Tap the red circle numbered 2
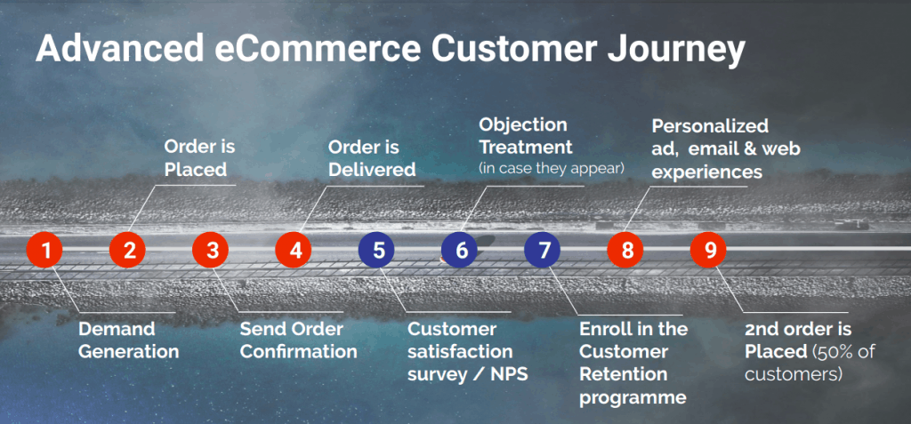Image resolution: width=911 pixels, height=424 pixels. click(128, 250)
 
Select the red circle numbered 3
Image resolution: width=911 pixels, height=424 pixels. click(212, 250)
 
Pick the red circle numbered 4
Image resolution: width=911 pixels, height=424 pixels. click(294, 250)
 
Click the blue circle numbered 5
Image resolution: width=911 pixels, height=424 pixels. click(378, 250)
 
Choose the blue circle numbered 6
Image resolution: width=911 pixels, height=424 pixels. click(461, 250)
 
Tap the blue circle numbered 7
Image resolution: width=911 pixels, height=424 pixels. click(544, 250)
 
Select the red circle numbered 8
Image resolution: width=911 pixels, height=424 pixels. click(627, 250)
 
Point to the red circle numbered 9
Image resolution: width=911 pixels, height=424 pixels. click(710, 250)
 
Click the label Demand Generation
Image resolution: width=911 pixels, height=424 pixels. click(128, 340)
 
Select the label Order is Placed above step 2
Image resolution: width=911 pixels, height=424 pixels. click(200, 157)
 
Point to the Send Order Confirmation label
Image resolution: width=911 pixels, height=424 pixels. click(298, 340)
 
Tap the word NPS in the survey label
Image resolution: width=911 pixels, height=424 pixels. click(507, 373)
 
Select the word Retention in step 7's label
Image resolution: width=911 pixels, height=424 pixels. click(624, 374)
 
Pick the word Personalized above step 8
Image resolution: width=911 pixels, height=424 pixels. click(710, 125)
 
